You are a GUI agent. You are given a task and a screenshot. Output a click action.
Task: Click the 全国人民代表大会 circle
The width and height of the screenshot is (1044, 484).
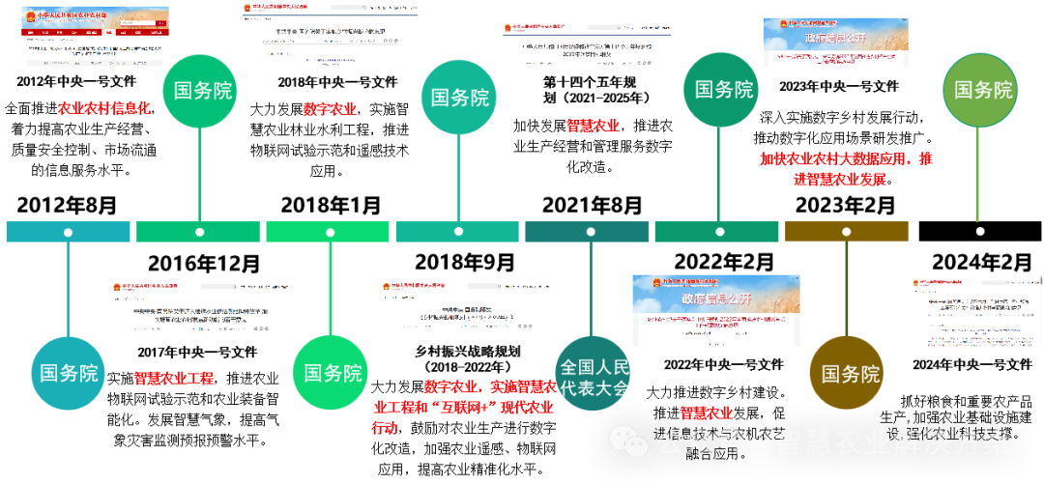click(594, 373)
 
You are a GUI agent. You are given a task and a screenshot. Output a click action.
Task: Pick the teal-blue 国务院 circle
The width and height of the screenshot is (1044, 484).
click(68, 373)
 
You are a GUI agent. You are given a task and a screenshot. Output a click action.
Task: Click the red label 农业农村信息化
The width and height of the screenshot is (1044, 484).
click(103, 108)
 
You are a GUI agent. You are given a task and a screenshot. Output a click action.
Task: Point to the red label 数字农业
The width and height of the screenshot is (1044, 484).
click(330, 109)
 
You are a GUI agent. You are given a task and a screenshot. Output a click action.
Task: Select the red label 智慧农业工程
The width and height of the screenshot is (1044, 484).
click(173, 379)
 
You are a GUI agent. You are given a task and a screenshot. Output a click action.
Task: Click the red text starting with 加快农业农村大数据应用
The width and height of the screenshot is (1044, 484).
click(846, 168)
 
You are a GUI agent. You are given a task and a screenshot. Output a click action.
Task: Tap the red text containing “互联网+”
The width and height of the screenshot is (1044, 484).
click(463, 407)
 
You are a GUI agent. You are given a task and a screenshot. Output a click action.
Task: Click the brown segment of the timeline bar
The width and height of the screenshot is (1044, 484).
click(846, 232)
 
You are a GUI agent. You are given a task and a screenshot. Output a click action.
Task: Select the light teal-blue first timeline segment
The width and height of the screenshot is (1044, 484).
click(68, 232)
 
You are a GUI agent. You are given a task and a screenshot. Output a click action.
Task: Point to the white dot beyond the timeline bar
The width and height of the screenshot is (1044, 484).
click(980, 232)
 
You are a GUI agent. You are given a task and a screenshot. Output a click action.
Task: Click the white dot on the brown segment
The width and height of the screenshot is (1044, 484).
click(846, 232)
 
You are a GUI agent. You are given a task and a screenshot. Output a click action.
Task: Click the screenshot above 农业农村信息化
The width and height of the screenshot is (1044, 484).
click(95, 37)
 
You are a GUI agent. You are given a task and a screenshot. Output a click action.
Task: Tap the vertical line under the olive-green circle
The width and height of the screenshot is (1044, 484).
click(978, 174)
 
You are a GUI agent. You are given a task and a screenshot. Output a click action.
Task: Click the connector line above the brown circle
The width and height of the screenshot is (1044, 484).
click(847, 290)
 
